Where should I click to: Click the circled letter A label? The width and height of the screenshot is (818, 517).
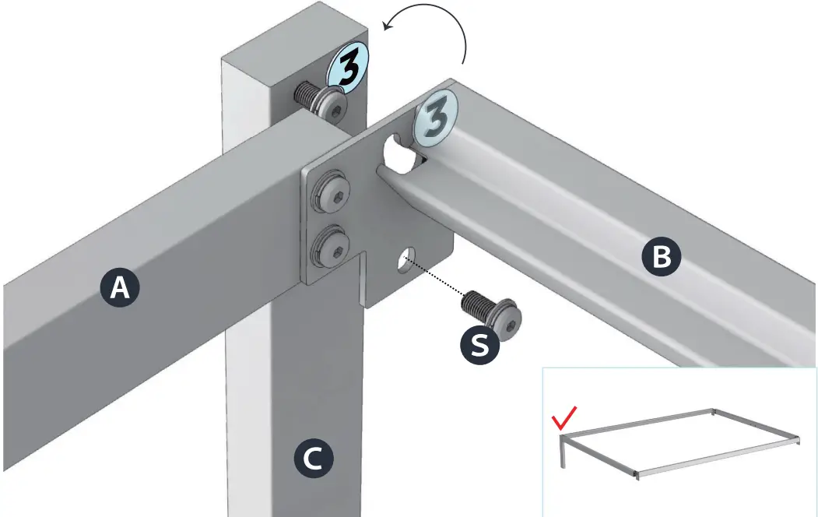point(120,288)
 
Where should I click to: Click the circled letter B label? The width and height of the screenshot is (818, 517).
point(661,256)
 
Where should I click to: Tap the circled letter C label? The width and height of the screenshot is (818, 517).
point(312,459)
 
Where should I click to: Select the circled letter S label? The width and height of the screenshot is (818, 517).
point(480,345)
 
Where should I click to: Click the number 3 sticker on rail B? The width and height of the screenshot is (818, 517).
point(436,121)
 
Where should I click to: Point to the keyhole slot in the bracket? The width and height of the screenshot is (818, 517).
point(399,153)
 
